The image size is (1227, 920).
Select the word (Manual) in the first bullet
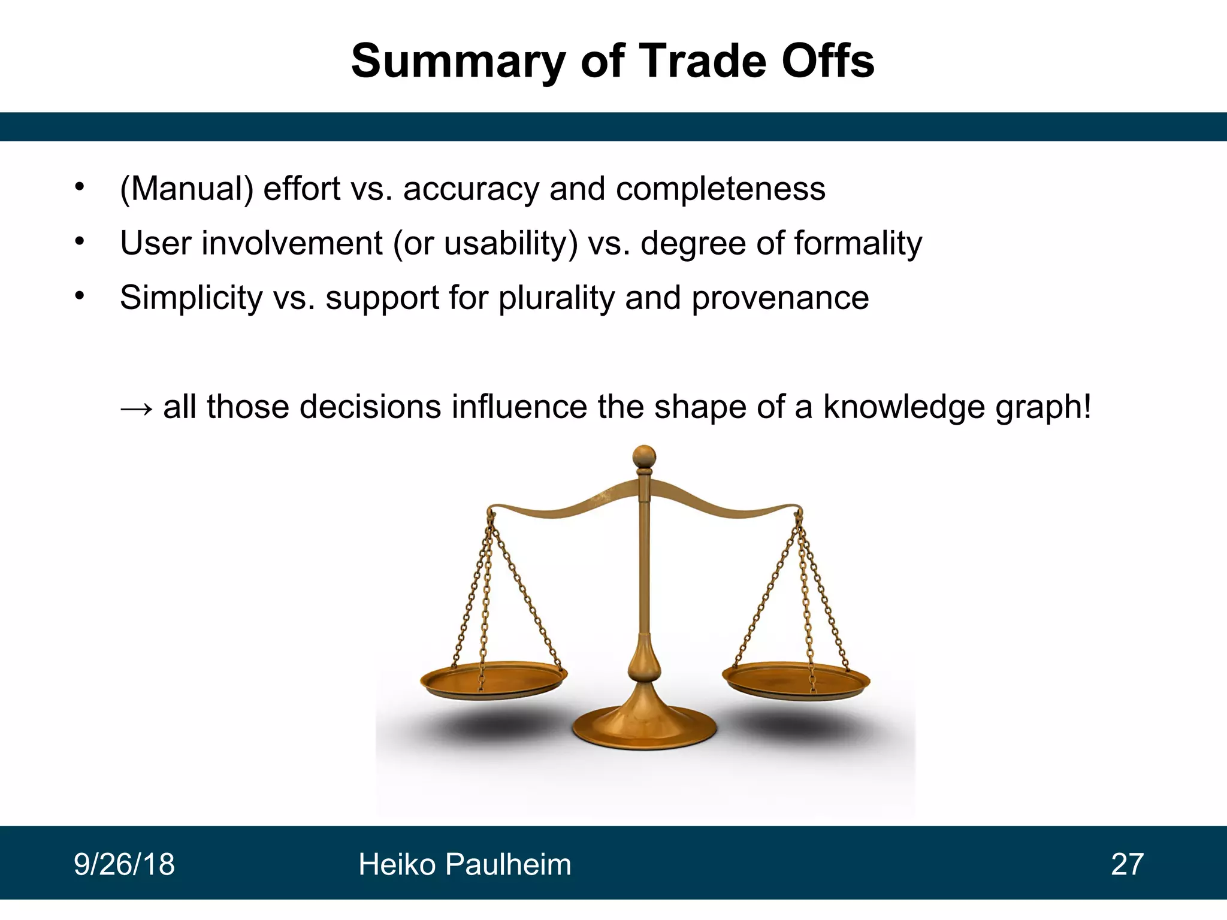[x=186, y=189]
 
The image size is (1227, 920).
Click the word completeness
[x=720, y=189]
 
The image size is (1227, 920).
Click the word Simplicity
[x=191, y=298]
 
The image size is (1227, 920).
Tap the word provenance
[x=780, y=298]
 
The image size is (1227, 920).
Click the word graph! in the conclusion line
[x=1043, y=408]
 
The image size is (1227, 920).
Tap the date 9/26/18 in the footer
[x=124, y=864]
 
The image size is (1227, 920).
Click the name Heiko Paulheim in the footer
[x=464, y=864]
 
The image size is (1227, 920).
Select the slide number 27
[x=1127, y=864]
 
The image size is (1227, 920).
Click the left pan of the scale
[x=493, y=679]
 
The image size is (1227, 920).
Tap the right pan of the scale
[x=796, y=680]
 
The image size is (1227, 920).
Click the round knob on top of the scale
[x=644, y=456]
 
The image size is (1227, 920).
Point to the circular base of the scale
[x=644, y=727]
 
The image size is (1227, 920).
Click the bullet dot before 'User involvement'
[x=80, y=241]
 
